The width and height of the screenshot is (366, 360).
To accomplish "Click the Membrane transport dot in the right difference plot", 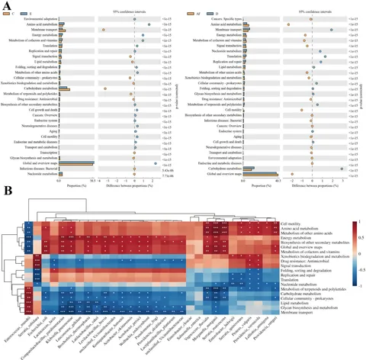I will (x=332, y=31).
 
